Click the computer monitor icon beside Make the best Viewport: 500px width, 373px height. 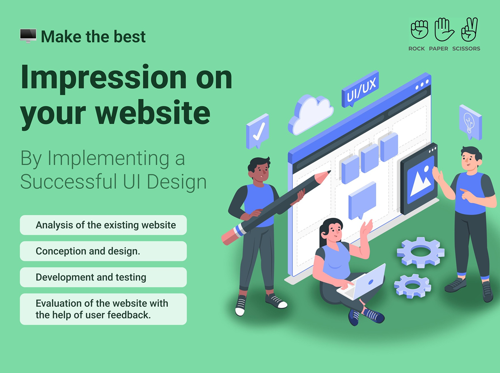[28, 36]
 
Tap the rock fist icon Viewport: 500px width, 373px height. [419, 30]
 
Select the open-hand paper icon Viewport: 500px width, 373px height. [443, 30]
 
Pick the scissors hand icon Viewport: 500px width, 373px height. [469, 30]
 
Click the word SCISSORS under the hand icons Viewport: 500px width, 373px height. [466, 48]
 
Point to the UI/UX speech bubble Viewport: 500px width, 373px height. [360, 89]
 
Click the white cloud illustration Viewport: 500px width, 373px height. [311, 114]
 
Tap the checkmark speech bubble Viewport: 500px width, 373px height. [257, 131]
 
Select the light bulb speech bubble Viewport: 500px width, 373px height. [470, 122]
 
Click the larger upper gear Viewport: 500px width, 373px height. [421, 252]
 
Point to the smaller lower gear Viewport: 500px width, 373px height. [412, 286]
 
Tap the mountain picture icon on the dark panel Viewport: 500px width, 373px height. [421, 180]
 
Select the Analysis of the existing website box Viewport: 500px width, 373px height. [103, 225]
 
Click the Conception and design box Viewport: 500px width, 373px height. [103, 251]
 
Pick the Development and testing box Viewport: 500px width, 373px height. [103, 277]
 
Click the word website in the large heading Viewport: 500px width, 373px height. [152, 113]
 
